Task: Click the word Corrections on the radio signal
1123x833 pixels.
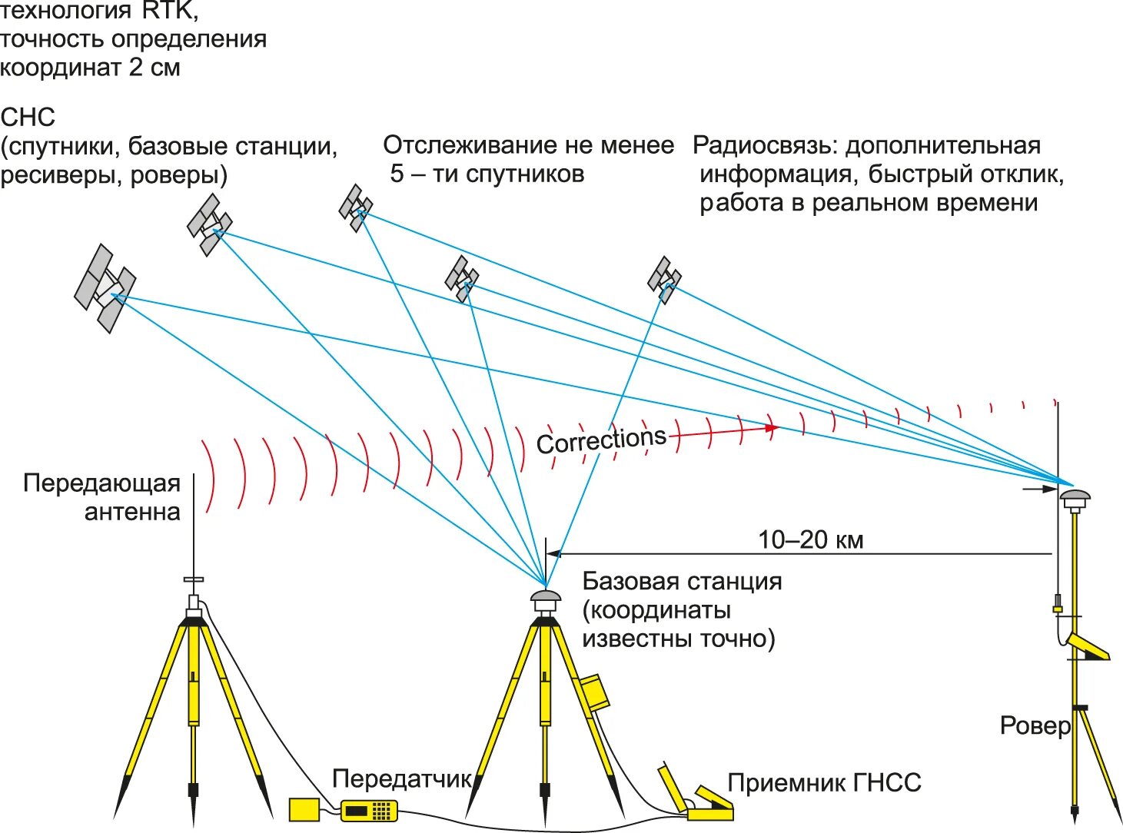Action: tap(600, 440)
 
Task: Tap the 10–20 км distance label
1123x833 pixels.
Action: tap(810, 539)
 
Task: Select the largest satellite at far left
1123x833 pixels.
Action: tap(105, 288)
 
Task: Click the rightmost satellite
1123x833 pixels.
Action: tap(664, 279)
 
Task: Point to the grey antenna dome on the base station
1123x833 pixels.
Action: tap(545, 596)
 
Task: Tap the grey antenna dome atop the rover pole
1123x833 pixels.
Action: tap(1075, 496)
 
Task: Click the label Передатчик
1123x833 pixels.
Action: tap(402, 778)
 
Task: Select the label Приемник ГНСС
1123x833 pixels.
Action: tap(823, 783)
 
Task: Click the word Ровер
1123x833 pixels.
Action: tap(1035, 725)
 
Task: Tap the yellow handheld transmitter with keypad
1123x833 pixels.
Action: tap(369, 809)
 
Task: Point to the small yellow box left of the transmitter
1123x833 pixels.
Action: tap(304, 809)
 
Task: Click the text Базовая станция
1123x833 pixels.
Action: tap(682, 581)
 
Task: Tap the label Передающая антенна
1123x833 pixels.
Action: tap(102, 497)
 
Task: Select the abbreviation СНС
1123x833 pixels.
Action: tap(28, 118)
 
